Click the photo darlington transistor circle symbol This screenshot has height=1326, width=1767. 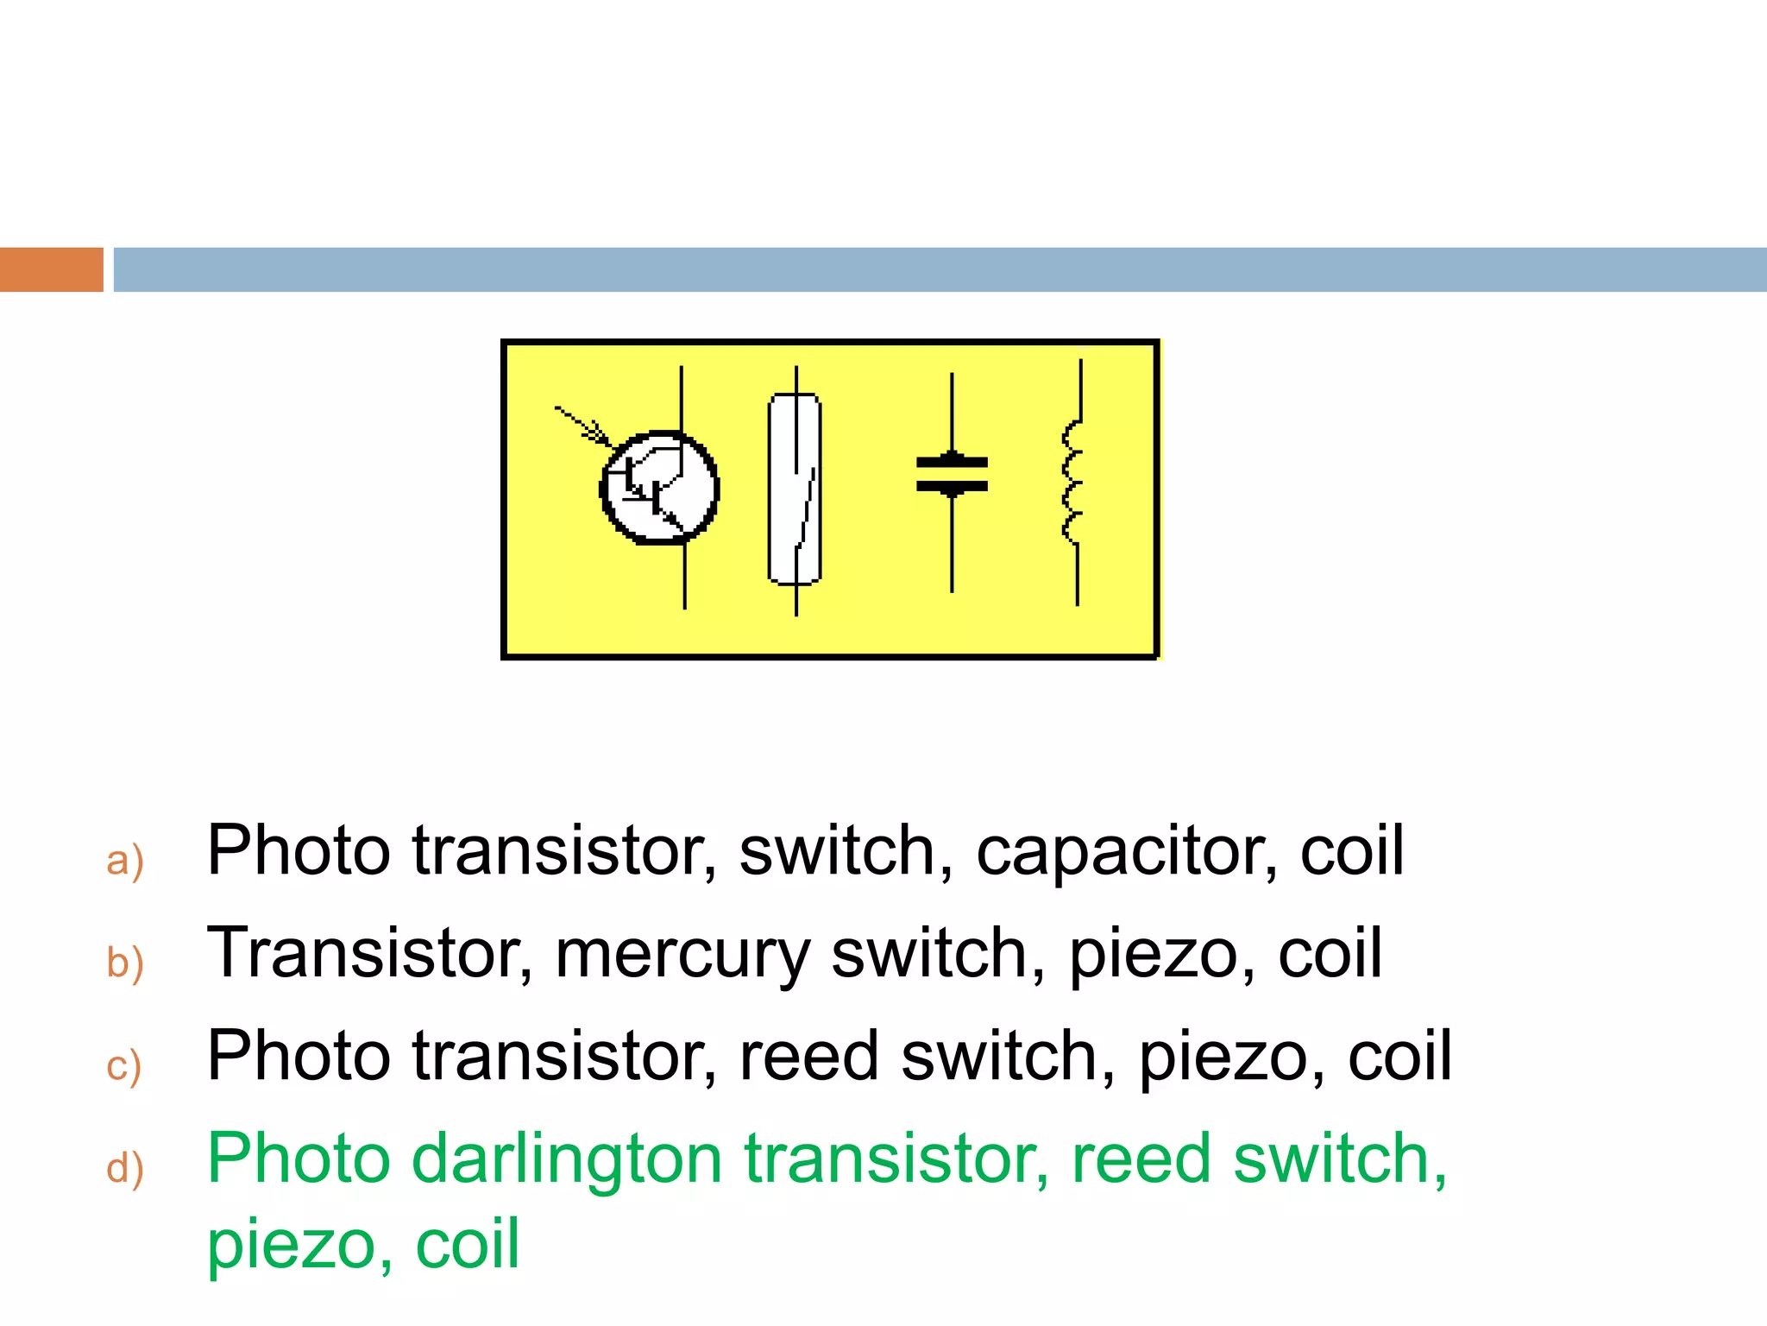point(659,488)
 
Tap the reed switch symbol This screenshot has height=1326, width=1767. point(795,489)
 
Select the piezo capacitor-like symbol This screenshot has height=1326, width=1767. point(952,475)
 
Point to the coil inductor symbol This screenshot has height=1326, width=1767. point(1073,483)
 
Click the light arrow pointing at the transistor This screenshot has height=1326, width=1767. point(582,425)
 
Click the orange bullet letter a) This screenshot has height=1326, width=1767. point(124,861)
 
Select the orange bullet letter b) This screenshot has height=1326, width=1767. point(124,963)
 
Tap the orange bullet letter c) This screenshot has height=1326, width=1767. point(123,1065)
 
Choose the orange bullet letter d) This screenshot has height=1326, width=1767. point(124,1168)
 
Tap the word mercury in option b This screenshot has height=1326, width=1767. point(682,955)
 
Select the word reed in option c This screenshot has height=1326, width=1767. point(808,1057)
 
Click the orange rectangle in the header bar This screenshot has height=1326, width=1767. point(51,269)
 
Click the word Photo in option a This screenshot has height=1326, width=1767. point(298,851)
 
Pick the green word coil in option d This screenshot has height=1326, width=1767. point(468,1244)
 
